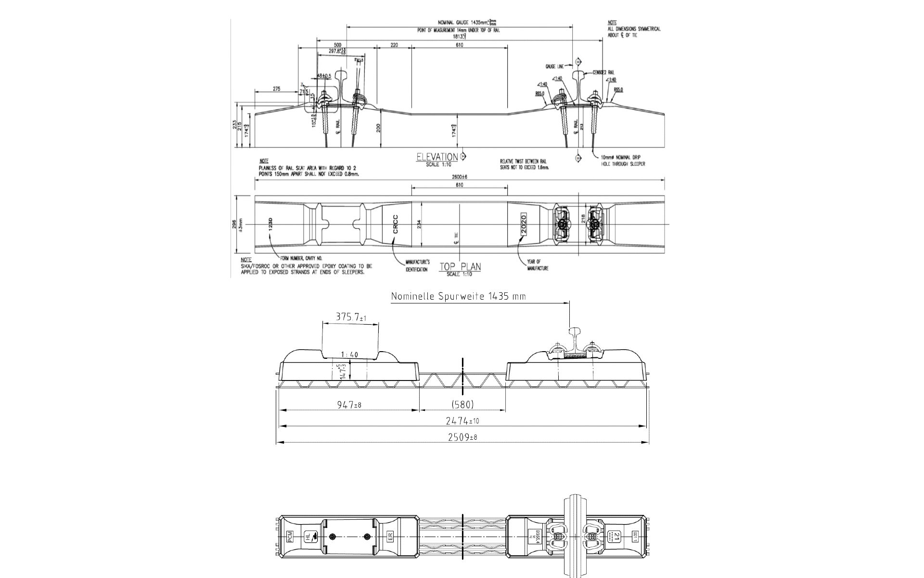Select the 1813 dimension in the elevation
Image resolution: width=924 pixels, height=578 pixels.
click(x=460, y=36)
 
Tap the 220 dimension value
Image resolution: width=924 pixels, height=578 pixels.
click(x=394, y=45)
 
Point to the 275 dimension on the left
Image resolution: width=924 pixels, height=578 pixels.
click(x=277, y=89)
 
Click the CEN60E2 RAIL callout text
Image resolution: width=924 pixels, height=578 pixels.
click(x=603, y=72)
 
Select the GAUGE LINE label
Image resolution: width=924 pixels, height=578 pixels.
click(x=554, y=66)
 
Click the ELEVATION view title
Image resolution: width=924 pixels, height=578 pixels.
click(x=437, y=157)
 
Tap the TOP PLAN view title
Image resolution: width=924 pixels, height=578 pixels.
click(x=460, y=267)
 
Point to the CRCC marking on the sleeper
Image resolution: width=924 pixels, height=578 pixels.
click(x=396, y=224)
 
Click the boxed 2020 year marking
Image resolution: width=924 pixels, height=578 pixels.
click(x=524, y=224)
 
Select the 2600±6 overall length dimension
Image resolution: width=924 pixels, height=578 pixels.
click(x=460, y=177)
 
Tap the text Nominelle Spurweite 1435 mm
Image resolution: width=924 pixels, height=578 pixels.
click(x=458, y=296)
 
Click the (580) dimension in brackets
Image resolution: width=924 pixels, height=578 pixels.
click(x=462, y=404)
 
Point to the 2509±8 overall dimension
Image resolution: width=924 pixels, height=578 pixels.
click(x=462, y=437)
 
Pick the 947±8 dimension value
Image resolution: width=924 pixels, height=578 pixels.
click(x=349, y=404)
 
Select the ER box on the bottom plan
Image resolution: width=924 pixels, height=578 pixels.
click(x=390, y=536)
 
